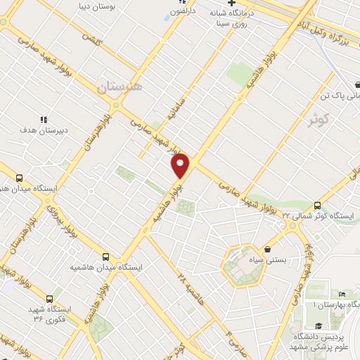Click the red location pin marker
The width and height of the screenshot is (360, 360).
click(181, 166)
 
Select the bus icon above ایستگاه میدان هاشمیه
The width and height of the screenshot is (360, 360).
click(105, 257)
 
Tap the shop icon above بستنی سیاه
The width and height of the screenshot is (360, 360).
click(267, 249)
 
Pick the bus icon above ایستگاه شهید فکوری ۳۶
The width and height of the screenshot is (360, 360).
click(50, 299)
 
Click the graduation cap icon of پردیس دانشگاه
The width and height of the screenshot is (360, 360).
click(319, 325)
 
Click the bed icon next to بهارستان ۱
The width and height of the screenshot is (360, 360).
click(342, 294)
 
